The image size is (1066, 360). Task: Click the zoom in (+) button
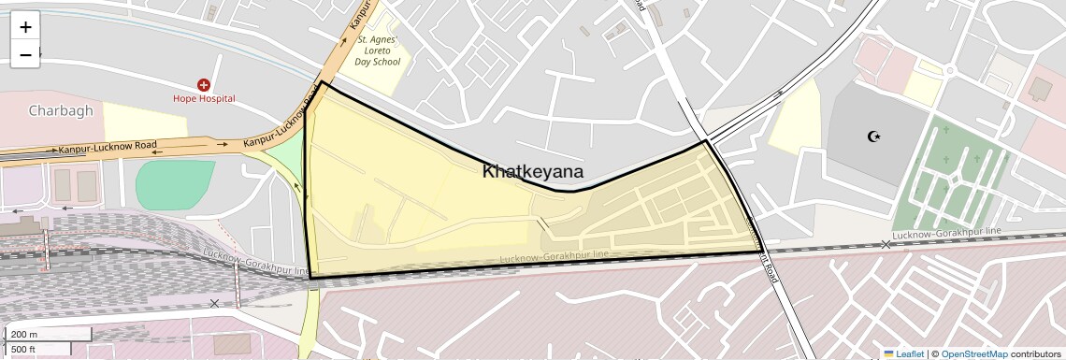point(25,27)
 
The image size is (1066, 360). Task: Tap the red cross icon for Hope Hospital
point(204,85)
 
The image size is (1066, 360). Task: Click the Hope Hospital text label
point(204,98)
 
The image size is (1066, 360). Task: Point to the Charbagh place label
point(61,110)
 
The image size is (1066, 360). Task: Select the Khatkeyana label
point(533,172)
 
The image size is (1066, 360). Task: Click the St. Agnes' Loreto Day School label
point(378,51)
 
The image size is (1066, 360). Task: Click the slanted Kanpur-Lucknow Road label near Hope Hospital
point(278,125)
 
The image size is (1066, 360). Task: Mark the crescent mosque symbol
point(875,137)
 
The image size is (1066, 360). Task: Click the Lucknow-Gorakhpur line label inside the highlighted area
point(554,254)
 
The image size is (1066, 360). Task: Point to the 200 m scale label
point(24,335)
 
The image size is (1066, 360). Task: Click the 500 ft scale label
point(24,349)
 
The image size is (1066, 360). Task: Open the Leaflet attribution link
point(903,353)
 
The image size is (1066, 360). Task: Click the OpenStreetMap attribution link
point(973,353)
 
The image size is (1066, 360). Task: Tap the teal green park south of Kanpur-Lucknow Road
point(174,183)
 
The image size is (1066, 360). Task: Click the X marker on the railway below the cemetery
point(886,245)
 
